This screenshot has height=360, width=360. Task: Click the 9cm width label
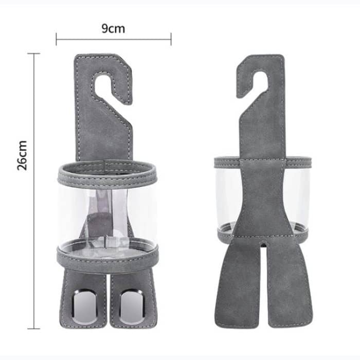(x=113, y=29)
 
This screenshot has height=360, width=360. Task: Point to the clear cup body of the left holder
(x=77, y=216)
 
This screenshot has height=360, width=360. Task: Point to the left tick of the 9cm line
(x=57, y=39)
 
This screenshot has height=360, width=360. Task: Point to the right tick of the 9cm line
(x=171, y=39)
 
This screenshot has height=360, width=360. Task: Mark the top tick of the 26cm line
(x=34, y=53)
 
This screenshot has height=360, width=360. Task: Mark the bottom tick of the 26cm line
(x=34, y=328)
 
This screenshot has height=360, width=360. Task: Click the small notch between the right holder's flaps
(x=263, y=244)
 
